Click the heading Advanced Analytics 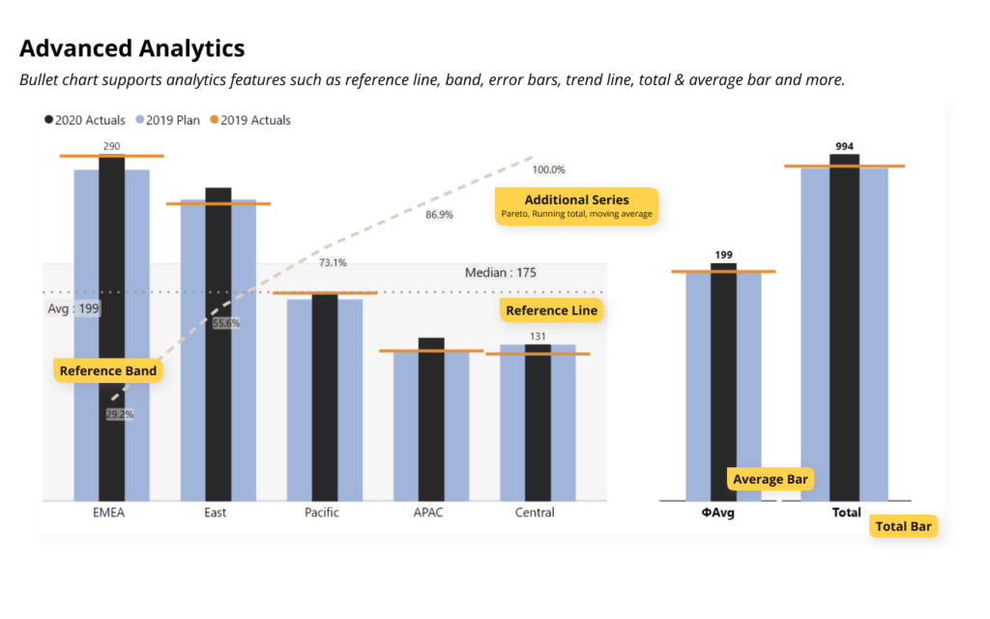[x=131, y=48]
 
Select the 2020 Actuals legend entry [x=84, y=120]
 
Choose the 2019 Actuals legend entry [x=248, y=120]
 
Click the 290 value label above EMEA [x=111, y=146]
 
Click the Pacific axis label [x=321, y=513]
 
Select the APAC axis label [x=428, y=513]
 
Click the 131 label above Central [x=538, y=337]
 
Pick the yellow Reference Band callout [x=107, y=370]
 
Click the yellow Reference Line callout [x=551, y=310]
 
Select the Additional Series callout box [x=576, y=206]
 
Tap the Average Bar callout [x=771, y=479]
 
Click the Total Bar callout [x=903, y=526]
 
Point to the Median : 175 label [x=500, y=273]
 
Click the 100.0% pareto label [x=548, y=169]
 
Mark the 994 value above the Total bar [x=844, y=146]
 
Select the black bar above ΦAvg [x=724, y=382]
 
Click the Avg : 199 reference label [x=73, y=309]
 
